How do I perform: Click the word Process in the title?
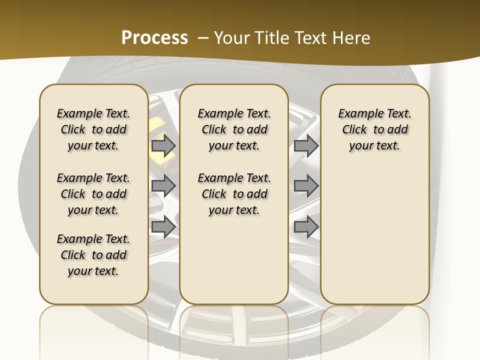(x=154, y=37)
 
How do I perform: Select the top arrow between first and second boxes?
(x=163, y=146)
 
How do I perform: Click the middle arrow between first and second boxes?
(x=163, y=186)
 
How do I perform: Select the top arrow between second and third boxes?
(x=306, y=146)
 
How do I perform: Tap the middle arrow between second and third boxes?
(x=306, y=186)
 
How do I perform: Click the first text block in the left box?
(x=93, y=129)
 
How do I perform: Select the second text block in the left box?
(x=93, y=194)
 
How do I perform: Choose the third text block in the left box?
(x=93, y=255)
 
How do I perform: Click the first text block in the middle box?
(x=234, y=129)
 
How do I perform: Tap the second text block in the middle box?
(x=234, y=194)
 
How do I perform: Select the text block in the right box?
(x=375, y=129)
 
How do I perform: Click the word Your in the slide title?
(x=230, y=38)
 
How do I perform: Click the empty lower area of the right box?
(x=375, y=235)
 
